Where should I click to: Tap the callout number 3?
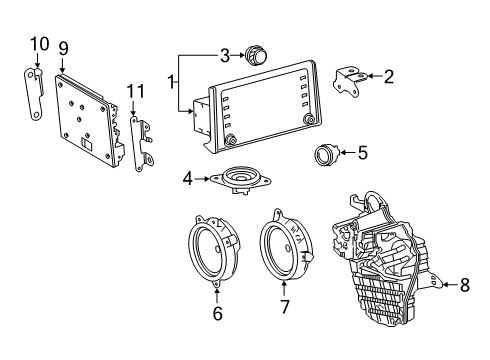(225, 54)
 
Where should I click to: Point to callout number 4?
(188, 180)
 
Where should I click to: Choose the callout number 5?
(362, 153)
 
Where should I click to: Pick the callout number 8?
(463, 285)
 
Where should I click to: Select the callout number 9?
(64, 47)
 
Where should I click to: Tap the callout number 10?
(39, 43)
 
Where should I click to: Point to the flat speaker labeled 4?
(240, 180)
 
